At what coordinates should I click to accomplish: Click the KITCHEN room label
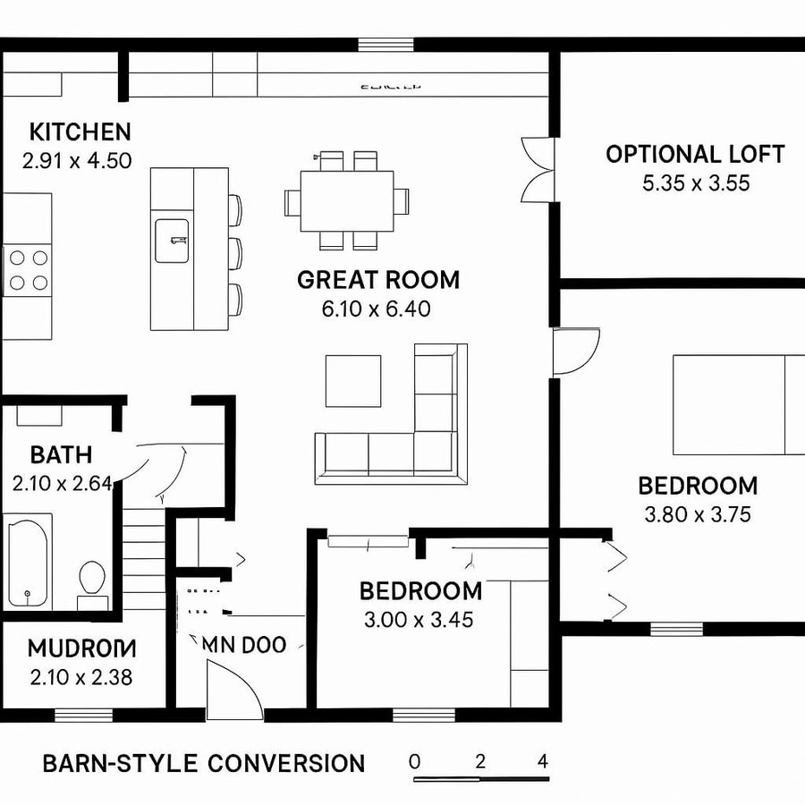point(80,132)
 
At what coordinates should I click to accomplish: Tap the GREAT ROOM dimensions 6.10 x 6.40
point(376,309)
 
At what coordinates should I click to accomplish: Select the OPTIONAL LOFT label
point(695,154)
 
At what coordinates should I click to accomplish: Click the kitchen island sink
point(173,240)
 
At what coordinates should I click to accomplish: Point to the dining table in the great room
point(347,199)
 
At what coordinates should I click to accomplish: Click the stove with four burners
point(27,270)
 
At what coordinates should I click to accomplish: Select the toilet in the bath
point(92,579)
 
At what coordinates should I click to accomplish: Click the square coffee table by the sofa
point(352,380)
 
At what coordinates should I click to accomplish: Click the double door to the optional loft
point(539,169)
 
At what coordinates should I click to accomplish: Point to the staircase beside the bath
point(144,559)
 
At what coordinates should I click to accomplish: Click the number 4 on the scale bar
point(543,762)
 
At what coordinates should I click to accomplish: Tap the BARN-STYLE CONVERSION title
point(204,763)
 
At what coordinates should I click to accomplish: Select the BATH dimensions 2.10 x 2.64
point(62,483)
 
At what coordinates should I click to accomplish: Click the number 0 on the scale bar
point(414,762)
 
